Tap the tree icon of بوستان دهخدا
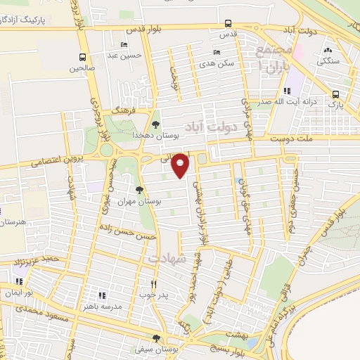click(155, 124)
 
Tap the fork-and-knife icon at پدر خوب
click(153, 284)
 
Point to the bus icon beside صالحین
click(83, 58)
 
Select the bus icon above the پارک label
click(335, 94)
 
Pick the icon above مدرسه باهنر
click(101, 295)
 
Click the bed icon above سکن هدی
click(216, 53)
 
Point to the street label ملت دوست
click(326, 140)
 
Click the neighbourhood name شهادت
click(167, 259)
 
